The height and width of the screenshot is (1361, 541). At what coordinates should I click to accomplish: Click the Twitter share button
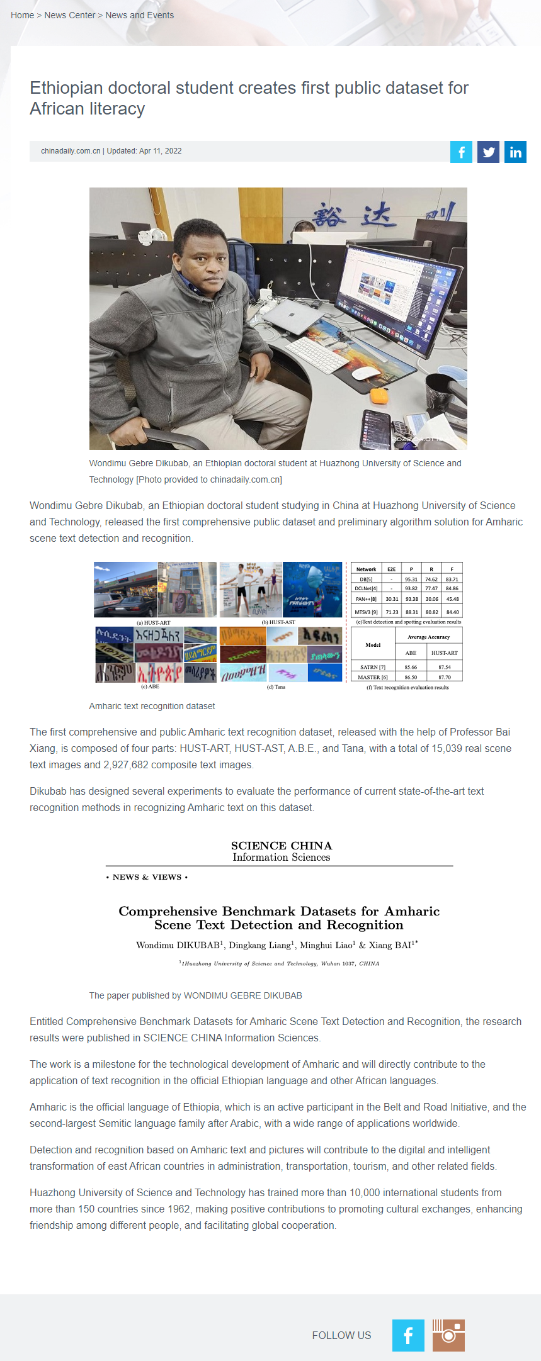[488, 152]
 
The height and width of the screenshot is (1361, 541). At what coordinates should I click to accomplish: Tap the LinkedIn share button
[515, 152]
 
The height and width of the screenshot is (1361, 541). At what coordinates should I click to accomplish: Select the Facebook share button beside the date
[461, 152]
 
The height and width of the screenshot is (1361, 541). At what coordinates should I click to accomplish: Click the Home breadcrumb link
[22, 15]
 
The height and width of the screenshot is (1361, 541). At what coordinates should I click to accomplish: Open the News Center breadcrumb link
[70, 15]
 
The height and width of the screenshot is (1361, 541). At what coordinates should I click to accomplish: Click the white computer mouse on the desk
[367, 373]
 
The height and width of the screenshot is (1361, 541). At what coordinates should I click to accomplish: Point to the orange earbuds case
[379, 396]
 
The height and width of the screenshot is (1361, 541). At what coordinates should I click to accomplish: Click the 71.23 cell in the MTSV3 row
[392, 612]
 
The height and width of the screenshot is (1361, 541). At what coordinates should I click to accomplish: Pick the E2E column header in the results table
[392, 569]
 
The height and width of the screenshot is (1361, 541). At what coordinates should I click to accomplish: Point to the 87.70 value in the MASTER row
[444, 677]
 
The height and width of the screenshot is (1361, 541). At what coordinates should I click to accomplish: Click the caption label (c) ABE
[149, 686]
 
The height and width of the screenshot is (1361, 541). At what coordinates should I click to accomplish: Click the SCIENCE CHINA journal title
[282, 846]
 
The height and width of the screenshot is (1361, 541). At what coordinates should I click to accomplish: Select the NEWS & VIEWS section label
[147, 877]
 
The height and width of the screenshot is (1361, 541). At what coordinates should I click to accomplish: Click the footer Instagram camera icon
[448, 1335]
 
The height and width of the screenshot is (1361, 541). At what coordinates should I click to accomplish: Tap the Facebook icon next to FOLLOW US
[408, 1335]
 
